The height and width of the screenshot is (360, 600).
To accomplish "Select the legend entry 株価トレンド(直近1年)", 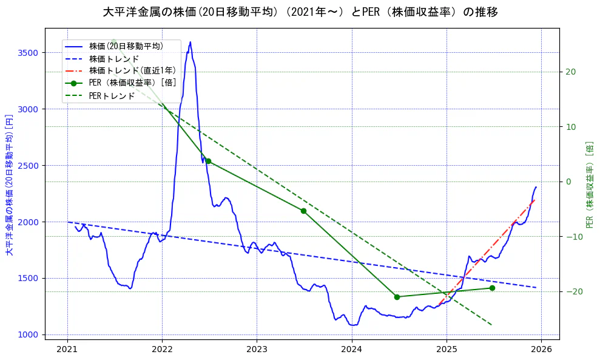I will (132, 70).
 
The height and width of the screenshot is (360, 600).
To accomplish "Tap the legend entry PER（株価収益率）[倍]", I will (132, 83).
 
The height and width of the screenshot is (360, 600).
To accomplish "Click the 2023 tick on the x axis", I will (257, 349).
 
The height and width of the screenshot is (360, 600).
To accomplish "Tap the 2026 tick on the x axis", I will (541, 349).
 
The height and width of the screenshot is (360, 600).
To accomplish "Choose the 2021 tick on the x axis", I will (67, 349).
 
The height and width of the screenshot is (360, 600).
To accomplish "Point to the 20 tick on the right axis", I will (570, 72).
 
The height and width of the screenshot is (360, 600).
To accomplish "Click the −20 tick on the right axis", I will (572, 291).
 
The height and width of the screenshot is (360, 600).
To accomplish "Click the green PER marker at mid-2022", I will (208, 161).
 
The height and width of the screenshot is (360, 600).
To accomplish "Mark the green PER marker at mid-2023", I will (303, 211).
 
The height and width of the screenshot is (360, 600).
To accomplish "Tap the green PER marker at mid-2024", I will (397, 297).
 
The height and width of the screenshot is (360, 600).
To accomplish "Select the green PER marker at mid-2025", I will (492, 288).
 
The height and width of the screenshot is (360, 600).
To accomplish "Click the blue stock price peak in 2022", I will (190, 42).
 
